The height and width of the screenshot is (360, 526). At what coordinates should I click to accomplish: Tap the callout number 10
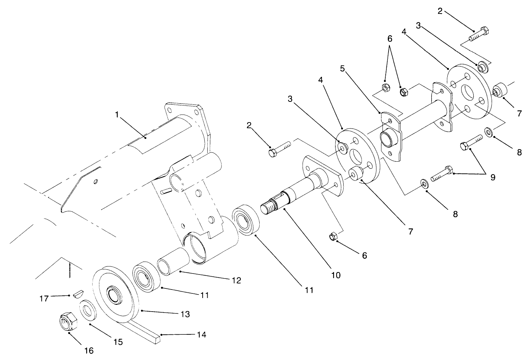(335, 275)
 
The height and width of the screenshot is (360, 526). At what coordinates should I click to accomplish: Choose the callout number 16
(89, 351)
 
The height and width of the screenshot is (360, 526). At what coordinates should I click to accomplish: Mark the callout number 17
(44, 298)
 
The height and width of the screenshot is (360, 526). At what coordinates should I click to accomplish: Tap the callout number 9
(493, 177)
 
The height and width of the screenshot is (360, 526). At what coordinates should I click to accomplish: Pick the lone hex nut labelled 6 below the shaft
(334, 236)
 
